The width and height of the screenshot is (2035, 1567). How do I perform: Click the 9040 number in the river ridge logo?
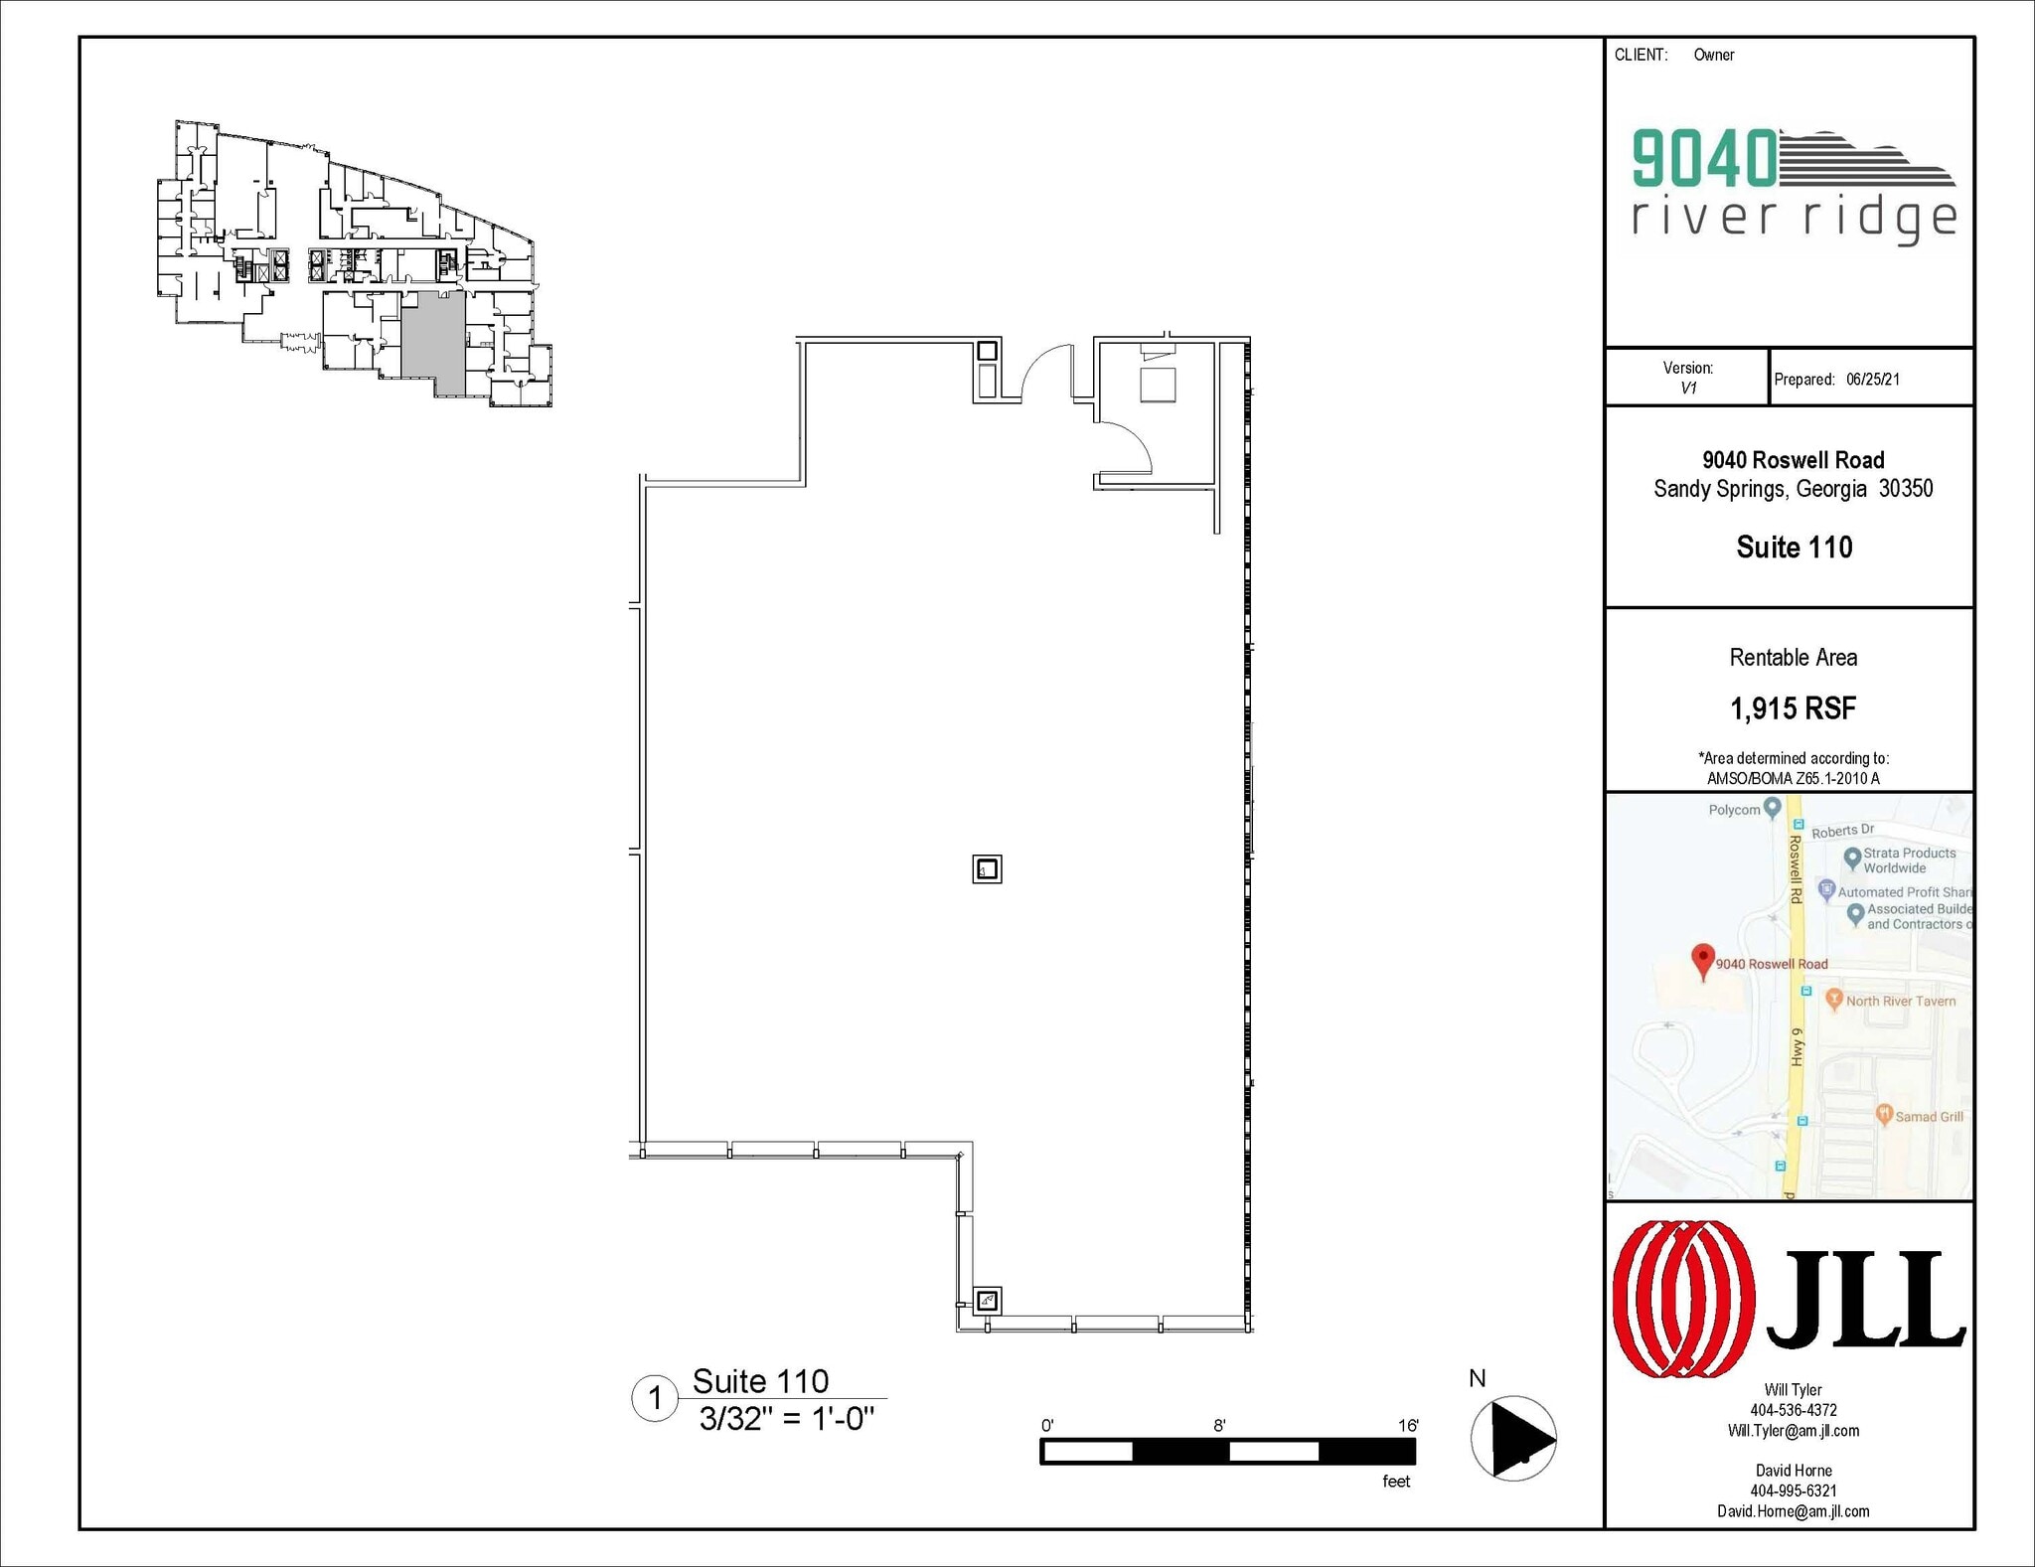(x=1704, y=159)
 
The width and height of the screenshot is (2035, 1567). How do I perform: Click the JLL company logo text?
(x=1864, y=1300)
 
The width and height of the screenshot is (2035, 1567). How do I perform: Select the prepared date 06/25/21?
(x=1872, y=380)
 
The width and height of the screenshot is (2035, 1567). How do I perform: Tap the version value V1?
(x=1688, y=389)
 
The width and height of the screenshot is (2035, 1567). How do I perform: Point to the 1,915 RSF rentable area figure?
(x=1793, y=708)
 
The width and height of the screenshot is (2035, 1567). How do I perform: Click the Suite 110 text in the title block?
(x=1794, y=548)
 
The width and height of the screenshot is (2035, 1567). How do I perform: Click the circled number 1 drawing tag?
(x=655, y=1399)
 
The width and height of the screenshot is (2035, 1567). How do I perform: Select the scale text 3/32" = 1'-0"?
(x=786, y=1419)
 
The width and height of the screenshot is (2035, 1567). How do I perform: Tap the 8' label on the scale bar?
(x=1219, y=1426)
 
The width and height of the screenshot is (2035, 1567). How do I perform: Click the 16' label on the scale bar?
(x=1408, y=1426)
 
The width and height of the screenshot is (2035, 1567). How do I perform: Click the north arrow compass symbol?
(x=1513, y=1438)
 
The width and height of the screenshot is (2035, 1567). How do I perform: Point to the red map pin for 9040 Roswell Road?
(x=1703, y=960)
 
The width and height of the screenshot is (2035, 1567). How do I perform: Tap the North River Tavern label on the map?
(x=1900, y=1002)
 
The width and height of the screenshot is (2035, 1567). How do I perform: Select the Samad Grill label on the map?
(x=1928, y=1117)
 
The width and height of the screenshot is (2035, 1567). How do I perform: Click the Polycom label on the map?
(x=1734, y=810)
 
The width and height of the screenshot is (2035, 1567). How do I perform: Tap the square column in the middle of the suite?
(x=987, y=869)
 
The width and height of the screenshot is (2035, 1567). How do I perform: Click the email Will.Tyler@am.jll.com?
(x=1793, y=1431)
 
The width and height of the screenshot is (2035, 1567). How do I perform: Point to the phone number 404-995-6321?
(x=1793, y=1490)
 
